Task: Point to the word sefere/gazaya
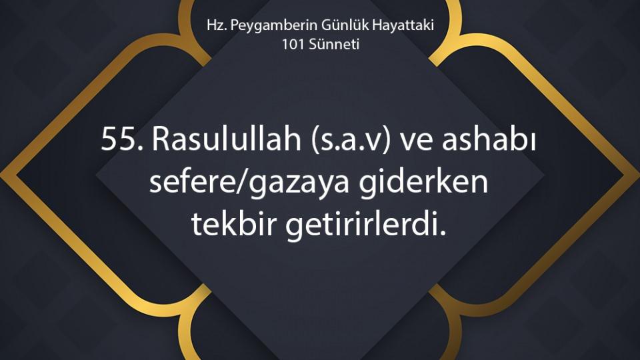click(x=249, y=181)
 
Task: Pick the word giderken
click(x=424, y=181)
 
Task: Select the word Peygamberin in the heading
click(x=274, y=25)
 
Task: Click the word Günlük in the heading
click(x=345, y=25)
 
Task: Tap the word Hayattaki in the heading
click(x=403, y=25)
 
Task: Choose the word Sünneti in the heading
click(x=334, y=44)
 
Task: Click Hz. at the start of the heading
click(x=216, y=25)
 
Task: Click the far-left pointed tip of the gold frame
click(x=1, y=176)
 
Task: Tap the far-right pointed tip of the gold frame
click(x=639, y=176)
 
